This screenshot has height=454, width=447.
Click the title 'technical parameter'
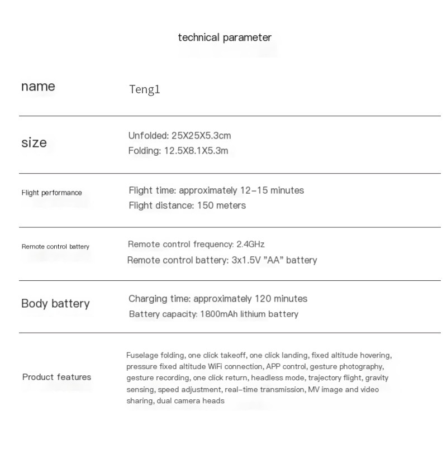(x=225, y=37)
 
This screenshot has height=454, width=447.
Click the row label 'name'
(x=38, y=87)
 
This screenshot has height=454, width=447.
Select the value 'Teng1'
(x=145, y=89)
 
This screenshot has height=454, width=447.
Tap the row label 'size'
(x=34, y=143)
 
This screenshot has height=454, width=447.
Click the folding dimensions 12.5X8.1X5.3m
(x=196, y=151)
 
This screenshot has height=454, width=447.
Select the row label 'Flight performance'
(x=51, y=193)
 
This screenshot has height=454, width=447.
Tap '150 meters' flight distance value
(x=221, y=206)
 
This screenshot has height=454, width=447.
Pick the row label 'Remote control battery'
(x=55, y=246)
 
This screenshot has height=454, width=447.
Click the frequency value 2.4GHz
(x=250, y=244)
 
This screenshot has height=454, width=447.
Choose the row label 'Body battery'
(x=55, y=304)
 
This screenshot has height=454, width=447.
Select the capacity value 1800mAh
(x=219, y=314)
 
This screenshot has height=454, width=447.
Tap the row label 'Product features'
(x=56, y=377)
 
